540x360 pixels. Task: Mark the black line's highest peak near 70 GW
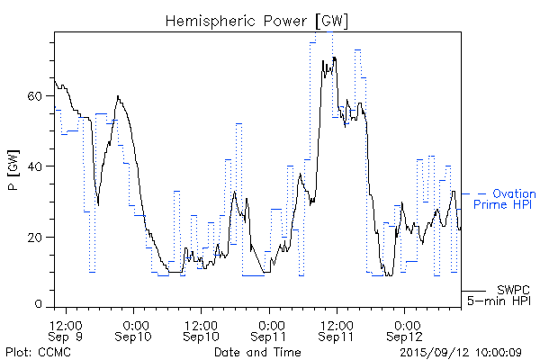click(x=334, y=58)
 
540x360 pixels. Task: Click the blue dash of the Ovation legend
click(x=481, y=193)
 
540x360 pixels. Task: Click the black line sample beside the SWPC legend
click(x=475, y=291)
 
